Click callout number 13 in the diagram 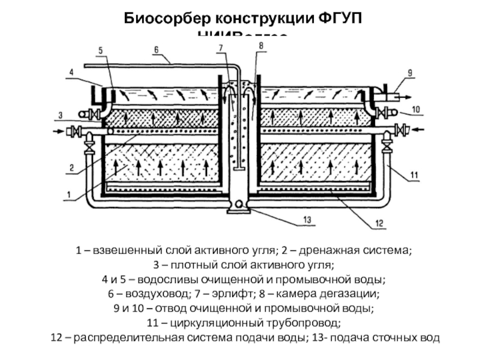click(x=307, y=220)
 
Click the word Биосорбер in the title click(x=158, y=18)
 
